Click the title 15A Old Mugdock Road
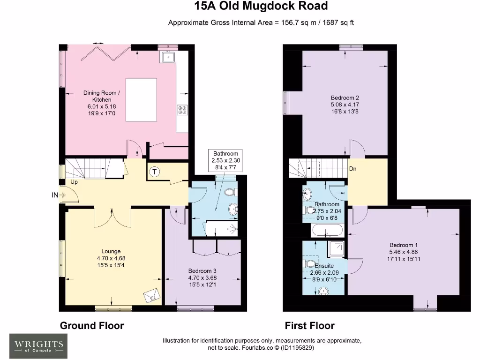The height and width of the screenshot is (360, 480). (x=261, y=7)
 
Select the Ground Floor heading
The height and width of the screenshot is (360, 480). (x=92, y=325)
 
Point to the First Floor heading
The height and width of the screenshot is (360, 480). (x=310, y=325)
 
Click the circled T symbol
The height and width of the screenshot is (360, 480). (x=155, y=172)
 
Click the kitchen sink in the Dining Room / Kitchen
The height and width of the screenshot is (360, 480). (x=168, y=58)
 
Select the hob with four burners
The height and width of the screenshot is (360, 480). (x=182, y=110)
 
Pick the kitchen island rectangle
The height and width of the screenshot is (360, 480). (x=141, y=99)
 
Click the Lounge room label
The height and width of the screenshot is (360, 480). (x=111, y=251)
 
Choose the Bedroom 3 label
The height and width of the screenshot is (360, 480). (x=202, y=271)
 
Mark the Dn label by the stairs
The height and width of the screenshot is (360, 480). (x=353, y=169)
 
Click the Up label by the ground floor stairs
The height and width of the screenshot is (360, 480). (x=74, y=181)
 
